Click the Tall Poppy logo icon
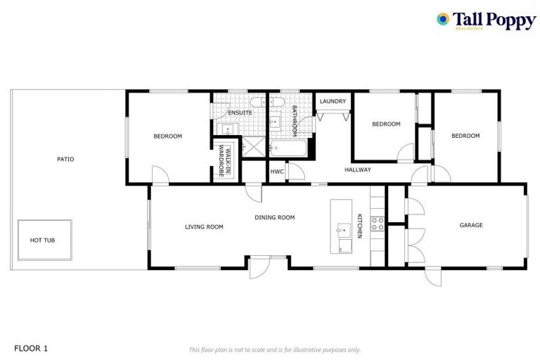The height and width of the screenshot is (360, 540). click(443, 19)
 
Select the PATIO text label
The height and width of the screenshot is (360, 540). click(65, 159)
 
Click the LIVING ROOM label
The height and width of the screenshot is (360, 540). click(204, 226)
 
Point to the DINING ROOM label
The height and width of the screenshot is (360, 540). click(274, 217)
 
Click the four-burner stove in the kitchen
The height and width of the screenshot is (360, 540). click(378, 224)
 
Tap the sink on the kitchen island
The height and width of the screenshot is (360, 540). click(342, 229)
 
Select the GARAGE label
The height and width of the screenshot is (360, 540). click(470, 225)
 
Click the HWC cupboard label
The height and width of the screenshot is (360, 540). click(277, 171)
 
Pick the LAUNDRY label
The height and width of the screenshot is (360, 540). click(333, 101)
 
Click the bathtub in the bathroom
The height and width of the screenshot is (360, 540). click(288, 149)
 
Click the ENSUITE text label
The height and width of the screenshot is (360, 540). click(240, 112)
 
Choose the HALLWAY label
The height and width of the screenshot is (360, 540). click(357, 169)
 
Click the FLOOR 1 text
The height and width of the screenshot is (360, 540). click(31, 348)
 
